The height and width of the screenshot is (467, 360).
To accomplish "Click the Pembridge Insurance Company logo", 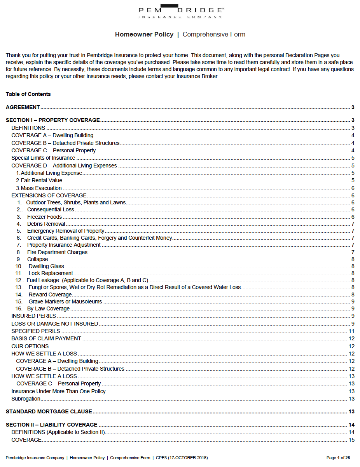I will tap(181, 11).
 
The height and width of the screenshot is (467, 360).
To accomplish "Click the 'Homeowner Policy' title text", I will tap(144, 34).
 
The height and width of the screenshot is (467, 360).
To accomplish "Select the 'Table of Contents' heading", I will tap(28, 94).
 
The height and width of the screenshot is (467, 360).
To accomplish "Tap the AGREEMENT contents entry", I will tap(23, 107).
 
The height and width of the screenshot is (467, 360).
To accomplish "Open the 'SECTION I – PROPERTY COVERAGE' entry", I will tap(53, 120).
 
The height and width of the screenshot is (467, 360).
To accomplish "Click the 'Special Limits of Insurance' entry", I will tap(43, 158).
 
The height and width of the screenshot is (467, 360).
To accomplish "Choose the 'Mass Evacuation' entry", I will tap(41, 188).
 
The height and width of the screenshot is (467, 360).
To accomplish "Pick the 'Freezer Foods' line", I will tap(44, 217).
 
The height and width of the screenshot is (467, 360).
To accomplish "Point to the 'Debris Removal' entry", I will tap(46, 224).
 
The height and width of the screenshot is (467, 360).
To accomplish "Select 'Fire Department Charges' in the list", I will tap(57, 252).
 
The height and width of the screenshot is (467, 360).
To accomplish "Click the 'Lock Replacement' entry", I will tap(51, 273).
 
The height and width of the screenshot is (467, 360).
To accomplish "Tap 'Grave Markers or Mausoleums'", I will tap(65, 301).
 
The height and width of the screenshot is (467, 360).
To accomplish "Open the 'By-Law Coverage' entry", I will tap(48, 308).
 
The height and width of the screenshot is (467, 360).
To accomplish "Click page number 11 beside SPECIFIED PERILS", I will tap(351, 331).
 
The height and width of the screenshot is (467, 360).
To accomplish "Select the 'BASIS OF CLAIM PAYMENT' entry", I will tap(46, 338).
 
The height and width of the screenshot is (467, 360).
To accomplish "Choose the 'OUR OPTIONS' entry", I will tap(30, 346).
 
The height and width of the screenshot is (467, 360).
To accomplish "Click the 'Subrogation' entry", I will tap(26, 399).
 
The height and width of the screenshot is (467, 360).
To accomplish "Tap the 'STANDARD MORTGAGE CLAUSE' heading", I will tap(49, 411).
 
